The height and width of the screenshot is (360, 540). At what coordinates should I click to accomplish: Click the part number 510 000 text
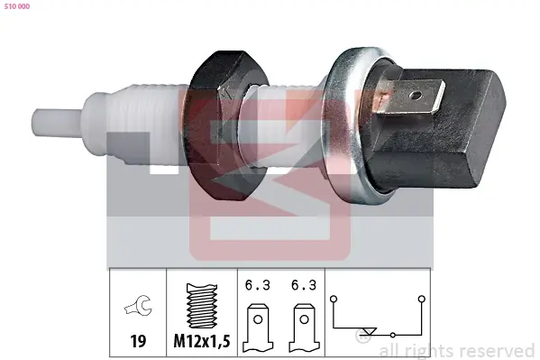click(x=17, y=6)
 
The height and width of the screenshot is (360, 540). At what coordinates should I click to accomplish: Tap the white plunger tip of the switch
click(x=57, y=122)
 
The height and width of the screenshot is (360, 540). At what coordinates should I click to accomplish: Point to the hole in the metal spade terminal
click(x=416, y=94)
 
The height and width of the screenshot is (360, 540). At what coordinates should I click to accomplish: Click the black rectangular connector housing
click(x=436, y=127)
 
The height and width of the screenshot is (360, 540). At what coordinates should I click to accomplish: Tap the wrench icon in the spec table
click(x=138, y=305)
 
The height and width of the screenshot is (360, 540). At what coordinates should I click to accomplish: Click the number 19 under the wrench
click(x=138, y=341)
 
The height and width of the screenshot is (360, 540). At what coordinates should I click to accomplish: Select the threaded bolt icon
click(x=202, y=306)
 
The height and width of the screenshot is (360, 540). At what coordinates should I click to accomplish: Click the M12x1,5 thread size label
click(x=202, y=341)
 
